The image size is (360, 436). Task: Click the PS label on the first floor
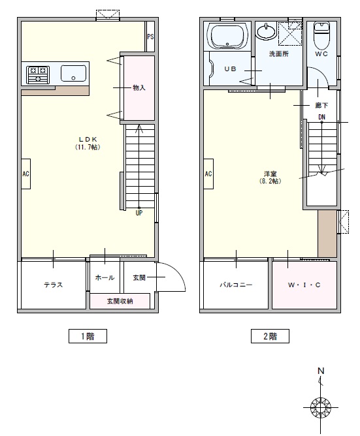[x=150, y=37]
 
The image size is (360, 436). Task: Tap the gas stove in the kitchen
[x=38, y=74]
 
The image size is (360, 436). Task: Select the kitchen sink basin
[x=74, y=73]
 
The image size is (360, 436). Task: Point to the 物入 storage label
[x=139, y=88]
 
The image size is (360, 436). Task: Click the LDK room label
[x=88, y=139]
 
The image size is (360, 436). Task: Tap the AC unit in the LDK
[x=26, y=174]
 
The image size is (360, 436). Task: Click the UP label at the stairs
[x=139, y=213]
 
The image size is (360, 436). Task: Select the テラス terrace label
[x=53, y=285]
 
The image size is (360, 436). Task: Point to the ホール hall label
[x=105, y=277]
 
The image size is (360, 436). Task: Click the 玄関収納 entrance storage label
[x=120, y=301]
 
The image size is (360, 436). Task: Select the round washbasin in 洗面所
[x=267, y=31]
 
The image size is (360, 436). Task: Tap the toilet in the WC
[x=321, y=35]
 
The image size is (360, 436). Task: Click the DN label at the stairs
[x=322, y=117]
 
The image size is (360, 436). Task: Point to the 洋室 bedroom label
[x=270, y=174]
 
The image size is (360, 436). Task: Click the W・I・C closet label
[x=304, y=285]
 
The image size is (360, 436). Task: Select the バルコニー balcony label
[x=236, y=285]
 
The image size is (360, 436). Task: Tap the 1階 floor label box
[x=88, y=336]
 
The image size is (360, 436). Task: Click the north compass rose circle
[x=320, y=408]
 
